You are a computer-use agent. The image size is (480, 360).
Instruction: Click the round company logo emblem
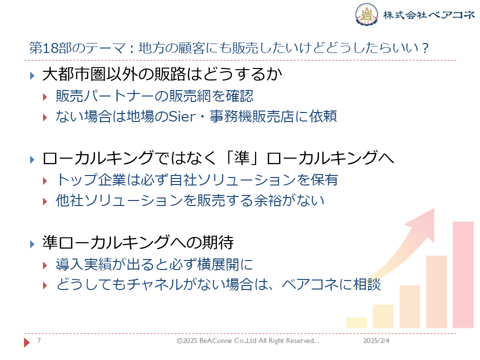[x=366, y=14]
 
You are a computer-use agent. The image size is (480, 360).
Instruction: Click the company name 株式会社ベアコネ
[x=429, y=14]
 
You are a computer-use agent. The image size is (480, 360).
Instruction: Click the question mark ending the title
[x=424, y=48]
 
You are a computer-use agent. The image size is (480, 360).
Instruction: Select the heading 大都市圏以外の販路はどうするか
[x=162, y=74]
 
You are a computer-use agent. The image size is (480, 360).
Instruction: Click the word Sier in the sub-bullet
[x=182, y=116]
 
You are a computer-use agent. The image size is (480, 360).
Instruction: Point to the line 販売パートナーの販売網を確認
[x=154, y=96]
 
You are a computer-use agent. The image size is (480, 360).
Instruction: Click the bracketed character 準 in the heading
[x=242, y=158]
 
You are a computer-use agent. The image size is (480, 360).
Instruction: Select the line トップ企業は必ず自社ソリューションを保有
[x=197, y=179]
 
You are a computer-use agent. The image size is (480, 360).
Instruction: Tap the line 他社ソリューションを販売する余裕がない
[x=190, y=200]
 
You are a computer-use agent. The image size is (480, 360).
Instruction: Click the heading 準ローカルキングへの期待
[x=138, y=242]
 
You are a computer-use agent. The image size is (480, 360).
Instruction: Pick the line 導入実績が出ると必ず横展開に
[x=154, y=264]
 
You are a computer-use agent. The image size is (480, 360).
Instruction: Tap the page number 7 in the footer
[x=39, y=340]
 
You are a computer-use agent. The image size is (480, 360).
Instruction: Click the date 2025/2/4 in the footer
[x=376, y=340]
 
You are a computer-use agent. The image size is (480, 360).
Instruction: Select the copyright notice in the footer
[x=247, y=340]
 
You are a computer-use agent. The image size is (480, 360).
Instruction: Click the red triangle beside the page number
[x=27, y=342]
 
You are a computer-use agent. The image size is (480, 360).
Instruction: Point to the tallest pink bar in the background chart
[x=463, y=275]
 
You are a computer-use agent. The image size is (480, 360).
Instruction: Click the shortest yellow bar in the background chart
[x=356, y=322]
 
